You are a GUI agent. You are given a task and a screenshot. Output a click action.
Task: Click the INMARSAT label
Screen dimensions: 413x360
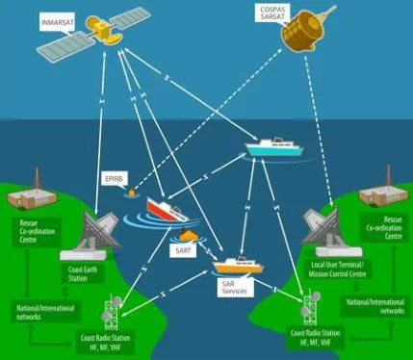[x=58, y=22]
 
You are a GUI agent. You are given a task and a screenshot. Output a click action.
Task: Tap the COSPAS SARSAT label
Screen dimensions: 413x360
[x=272, y=13]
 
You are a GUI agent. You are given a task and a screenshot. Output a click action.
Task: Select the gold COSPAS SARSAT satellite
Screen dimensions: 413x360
[x=303, y=30]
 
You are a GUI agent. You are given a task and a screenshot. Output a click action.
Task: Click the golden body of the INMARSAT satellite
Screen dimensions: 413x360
[x=103, y=30]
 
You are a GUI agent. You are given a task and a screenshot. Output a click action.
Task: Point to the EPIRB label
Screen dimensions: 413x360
[x=115, y=179]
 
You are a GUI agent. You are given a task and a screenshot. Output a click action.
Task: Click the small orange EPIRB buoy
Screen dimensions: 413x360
[x=131, y=193]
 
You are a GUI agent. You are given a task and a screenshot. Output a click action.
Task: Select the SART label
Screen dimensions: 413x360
[x=183, y=250]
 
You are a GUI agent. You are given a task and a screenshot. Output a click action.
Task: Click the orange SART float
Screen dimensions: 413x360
[x=189, y=235]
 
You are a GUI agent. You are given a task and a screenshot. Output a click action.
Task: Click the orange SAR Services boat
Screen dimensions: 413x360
[x=238, y=266]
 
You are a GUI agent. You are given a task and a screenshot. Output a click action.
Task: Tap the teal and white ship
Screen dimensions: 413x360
[x=274, y=147]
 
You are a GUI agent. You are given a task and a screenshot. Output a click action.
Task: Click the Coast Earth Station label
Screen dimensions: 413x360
[x=83, y=273]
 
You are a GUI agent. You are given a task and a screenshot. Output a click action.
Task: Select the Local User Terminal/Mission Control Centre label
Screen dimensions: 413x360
[x=337, y=270]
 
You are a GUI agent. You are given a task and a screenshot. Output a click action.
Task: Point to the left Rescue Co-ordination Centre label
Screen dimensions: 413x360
[x=37, y=232]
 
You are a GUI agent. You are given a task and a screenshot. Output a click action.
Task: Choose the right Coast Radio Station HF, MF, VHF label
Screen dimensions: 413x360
[x=315, y=338]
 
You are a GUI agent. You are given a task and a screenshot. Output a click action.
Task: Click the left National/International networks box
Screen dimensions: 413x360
[x=45, y=313]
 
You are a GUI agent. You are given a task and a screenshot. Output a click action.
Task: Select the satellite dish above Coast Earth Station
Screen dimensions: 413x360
[x=96, y=229]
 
